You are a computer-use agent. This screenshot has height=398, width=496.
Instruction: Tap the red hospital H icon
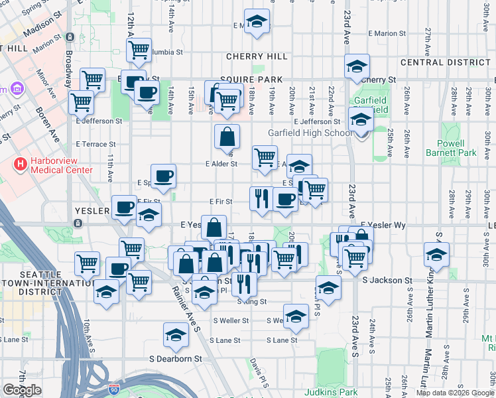coord(21,163)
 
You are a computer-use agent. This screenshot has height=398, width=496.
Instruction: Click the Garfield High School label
coord(310,133)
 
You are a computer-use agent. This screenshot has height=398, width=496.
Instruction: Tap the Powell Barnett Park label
coord(457,148)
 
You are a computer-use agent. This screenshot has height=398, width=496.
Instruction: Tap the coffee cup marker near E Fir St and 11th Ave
coord(124,208)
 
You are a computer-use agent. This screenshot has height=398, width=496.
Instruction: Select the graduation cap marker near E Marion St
coord(257,21)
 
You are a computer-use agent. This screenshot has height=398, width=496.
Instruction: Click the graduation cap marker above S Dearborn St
coord(176,335)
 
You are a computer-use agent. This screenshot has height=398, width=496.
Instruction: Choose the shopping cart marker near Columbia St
coord(139,50)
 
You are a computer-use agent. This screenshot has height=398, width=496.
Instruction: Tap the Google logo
coord(22,390)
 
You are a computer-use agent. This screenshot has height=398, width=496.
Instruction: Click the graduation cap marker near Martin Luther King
coord(436,255)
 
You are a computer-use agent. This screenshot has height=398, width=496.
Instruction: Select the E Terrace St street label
coord(95,144)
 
